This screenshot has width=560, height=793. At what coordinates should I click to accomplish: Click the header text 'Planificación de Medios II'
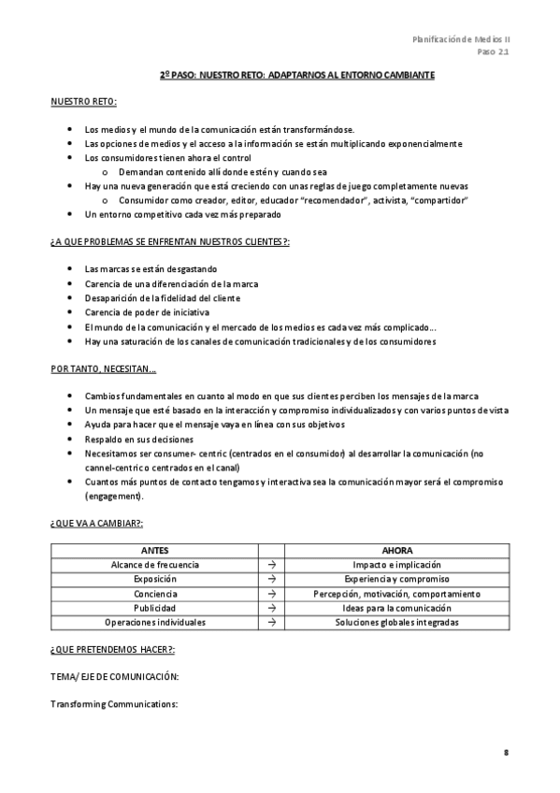point(461,39)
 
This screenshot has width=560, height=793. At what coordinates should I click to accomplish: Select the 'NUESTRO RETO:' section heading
point(84,101)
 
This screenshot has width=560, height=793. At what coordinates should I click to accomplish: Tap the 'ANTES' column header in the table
point(154,551)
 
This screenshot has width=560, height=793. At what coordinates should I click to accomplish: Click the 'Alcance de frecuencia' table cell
point(154,565)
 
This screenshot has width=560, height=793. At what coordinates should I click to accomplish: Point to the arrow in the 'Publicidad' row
point(270,608)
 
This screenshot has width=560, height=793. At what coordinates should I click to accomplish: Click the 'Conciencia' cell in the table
point(154,594)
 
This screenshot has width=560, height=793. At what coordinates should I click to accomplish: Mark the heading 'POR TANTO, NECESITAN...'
point(104,368)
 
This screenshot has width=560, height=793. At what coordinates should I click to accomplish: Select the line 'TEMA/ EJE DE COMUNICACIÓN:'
point(114,675)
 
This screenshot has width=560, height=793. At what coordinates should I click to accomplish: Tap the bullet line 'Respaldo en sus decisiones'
point(138,439)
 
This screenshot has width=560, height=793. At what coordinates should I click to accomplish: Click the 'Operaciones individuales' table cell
point(154,622)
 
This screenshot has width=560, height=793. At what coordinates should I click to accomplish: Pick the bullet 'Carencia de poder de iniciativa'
point(147,312)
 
